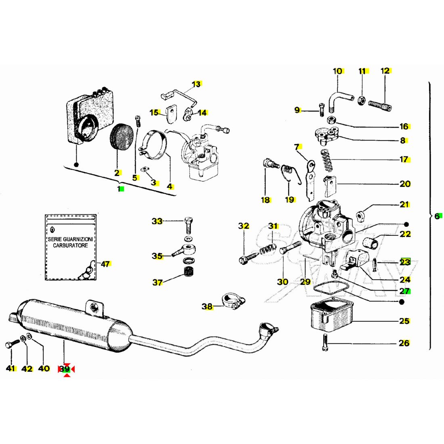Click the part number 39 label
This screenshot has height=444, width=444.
(65, 369)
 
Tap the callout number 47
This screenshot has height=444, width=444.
(105, 264)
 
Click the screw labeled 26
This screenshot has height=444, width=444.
(325, 343)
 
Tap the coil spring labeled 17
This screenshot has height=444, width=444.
(327, 159)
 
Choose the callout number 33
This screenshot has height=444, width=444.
(157, 221)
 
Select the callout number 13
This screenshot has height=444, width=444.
(196, 84)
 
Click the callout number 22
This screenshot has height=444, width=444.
(405, 234)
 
